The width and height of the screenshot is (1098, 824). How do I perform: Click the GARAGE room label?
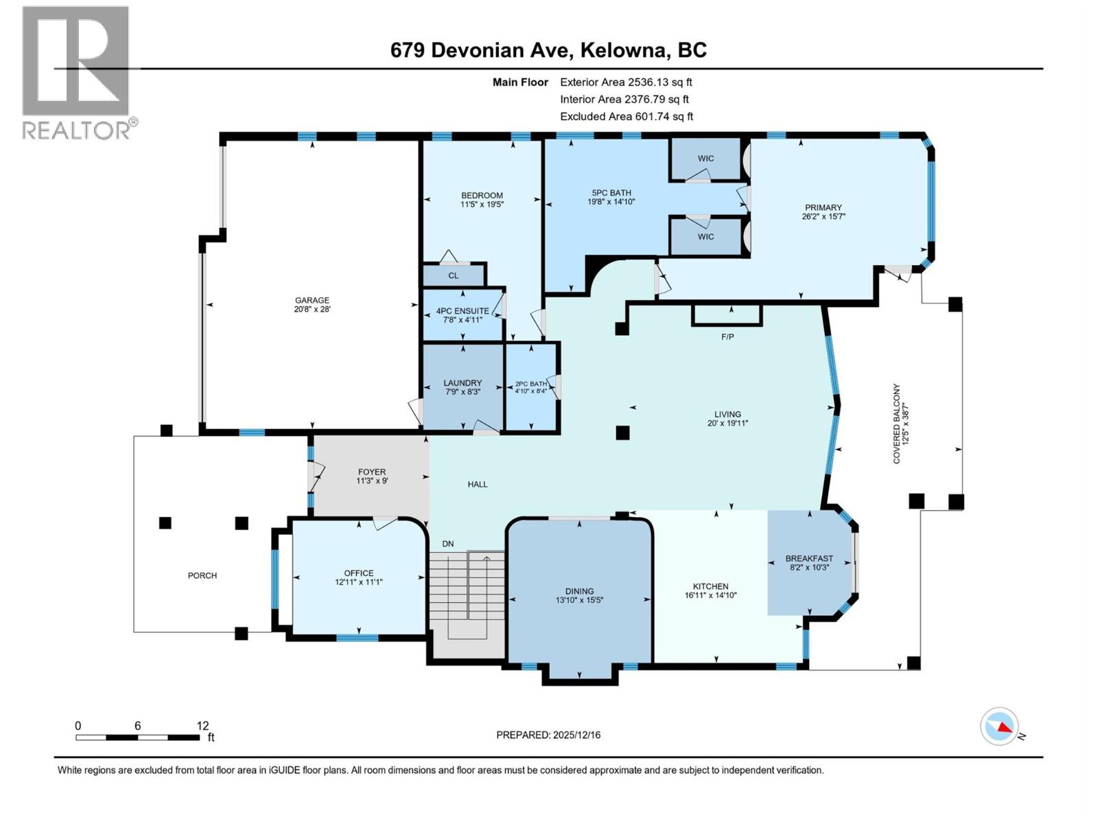[312, 300]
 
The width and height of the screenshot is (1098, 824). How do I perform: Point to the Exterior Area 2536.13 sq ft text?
[626, 82]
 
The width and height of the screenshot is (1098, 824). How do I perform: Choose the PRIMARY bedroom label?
[823, 207]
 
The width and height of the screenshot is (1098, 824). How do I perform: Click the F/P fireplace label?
[728, 336]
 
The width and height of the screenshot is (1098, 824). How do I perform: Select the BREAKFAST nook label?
[809, 558]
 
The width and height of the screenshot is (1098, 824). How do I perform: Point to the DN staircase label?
[447, 544]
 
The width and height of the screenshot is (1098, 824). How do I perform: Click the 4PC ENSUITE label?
[463, 310]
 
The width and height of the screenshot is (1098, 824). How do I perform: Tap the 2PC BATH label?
[530, 385]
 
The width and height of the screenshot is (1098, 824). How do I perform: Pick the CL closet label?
[453, 275]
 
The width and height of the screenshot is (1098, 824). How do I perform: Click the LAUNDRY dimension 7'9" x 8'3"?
[463, 391]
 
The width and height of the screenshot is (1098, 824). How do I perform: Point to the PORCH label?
[202, 576]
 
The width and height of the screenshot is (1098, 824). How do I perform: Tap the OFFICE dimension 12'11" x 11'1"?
[359, 582]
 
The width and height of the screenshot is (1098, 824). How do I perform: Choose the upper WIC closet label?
[706, 159]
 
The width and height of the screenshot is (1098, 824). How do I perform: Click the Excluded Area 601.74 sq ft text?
[627, 117]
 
